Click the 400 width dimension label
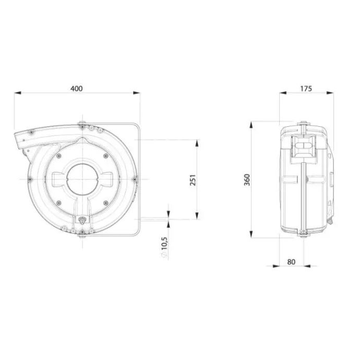77,89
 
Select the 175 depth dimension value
306,89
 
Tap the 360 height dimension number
247,180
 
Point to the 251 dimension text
193,180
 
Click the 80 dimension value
291,262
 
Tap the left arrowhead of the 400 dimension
18,93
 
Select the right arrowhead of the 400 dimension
137,93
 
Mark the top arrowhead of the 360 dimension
251,125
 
